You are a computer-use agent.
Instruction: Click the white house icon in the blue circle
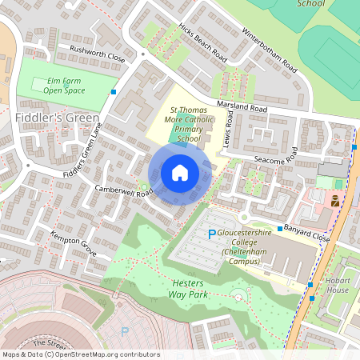(x=180, y=173)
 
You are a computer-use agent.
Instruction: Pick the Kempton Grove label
(x=74, y=242)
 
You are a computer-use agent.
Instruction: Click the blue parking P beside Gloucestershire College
(x=211, y=234)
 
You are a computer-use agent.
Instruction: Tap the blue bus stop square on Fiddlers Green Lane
(x=114, y=92)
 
